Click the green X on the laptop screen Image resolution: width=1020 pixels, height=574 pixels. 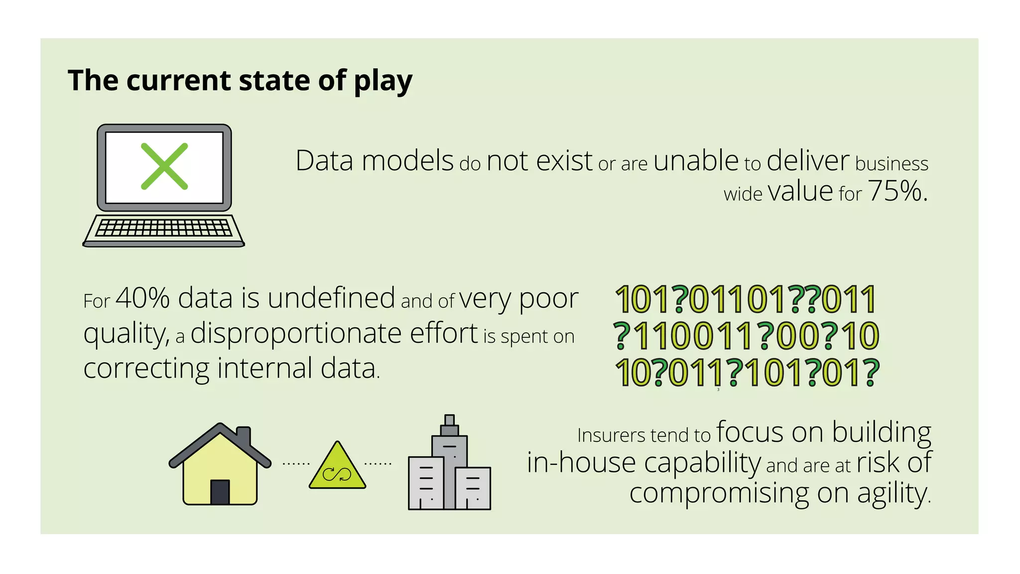coord(164,166)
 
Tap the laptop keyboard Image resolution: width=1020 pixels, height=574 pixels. coord(163,228)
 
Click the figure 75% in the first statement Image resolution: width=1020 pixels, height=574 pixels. coord(897,191)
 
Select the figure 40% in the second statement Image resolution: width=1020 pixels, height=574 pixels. coord(142,298)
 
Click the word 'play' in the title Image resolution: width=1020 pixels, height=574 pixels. coord(383,81)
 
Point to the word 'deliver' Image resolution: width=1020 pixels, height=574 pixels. coord(807,161)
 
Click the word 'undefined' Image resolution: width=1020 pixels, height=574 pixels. coord(331,298)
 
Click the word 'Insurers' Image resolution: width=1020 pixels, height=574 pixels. coord(611,435)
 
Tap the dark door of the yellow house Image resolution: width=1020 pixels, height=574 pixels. coord(220,492)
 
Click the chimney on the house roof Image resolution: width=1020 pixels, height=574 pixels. coord(244,436)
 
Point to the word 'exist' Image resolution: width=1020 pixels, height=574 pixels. coord(564,161)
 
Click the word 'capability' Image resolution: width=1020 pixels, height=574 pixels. coord(702,463)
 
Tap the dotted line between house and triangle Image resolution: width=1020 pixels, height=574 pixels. coord(296,464)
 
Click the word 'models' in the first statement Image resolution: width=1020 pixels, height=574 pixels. coord(407,161)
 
